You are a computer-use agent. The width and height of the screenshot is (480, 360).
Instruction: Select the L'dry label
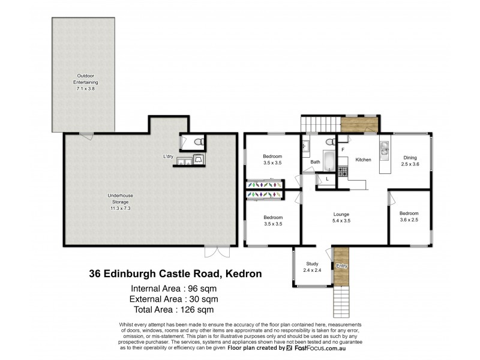[x=168, y=157]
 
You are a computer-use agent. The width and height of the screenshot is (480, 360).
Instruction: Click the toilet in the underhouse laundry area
[x=198, y=143]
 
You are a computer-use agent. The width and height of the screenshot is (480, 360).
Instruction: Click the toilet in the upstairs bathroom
[x=329, y=142]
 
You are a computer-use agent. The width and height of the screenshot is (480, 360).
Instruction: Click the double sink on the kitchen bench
[x=384, y=148]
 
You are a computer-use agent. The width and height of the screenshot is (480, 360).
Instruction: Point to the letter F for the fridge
[x=343, y=148]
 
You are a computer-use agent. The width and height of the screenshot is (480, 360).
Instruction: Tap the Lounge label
[x=341, y=214]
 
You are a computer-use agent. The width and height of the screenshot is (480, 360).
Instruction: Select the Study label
[x=311, y=263]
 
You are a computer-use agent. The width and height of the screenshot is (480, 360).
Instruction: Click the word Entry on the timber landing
[x=341, y=266]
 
